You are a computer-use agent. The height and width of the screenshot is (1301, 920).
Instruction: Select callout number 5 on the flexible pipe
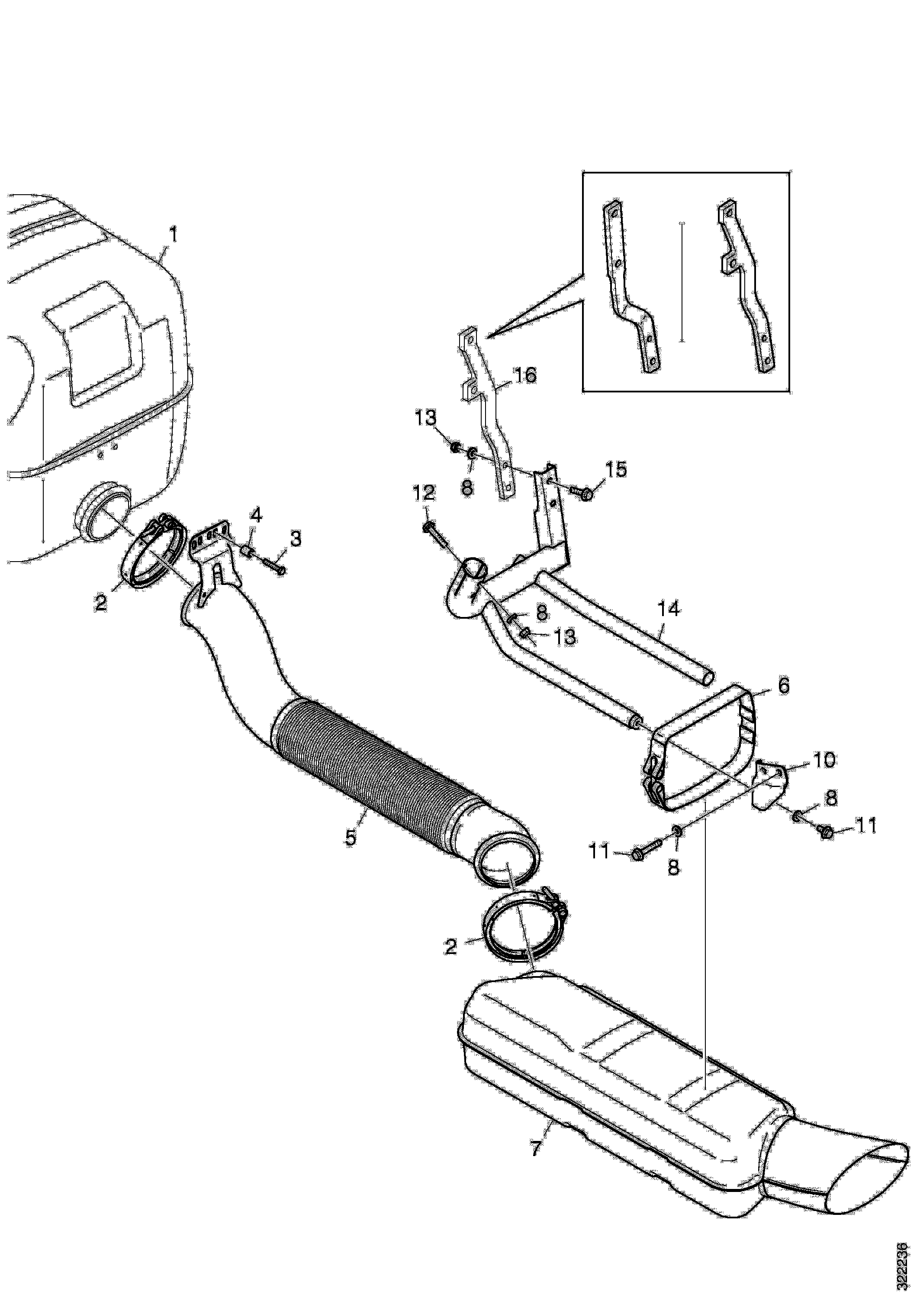(x=351, y=837)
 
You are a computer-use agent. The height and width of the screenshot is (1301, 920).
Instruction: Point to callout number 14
(x=669, y=609)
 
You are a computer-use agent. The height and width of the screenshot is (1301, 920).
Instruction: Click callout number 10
(x=825, y=760)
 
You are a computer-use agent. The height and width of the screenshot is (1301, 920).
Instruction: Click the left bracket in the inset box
(x=629, y=289)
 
